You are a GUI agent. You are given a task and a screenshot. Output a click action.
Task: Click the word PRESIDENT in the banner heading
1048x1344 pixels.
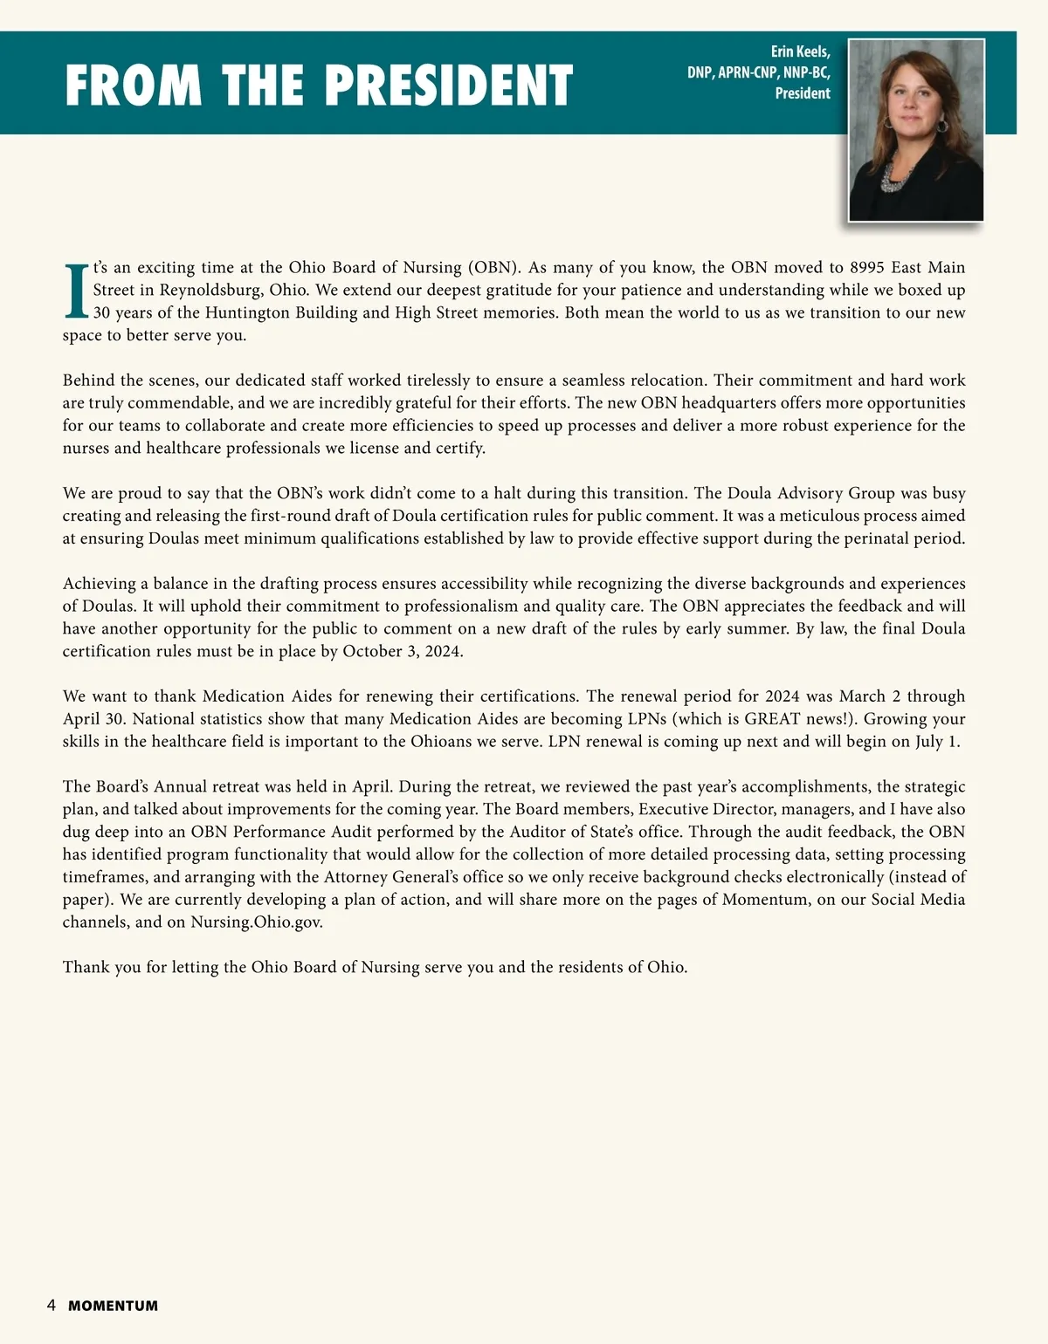coord(449,86)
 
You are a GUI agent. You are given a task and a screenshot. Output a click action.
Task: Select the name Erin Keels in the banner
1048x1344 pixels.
coord(800,52)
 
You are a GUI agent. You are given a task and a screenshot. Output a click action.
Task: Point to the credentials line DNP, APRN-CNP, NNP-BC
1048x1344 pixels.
coord(758,72)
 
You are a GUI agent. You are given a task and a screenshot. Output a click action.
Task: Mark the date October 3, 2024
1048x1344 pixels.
coord(403,651)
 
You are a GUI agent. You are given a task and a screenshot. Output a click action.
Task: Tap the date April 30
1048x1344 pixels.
coord(94,719)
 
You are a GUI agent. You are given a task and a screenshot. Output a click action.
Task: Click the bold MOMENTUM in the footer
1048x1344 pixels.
coord(114,1306)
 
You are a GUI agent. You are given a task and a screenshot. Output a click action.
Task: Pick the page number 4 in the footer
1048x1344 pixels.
coord(52,1306)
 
